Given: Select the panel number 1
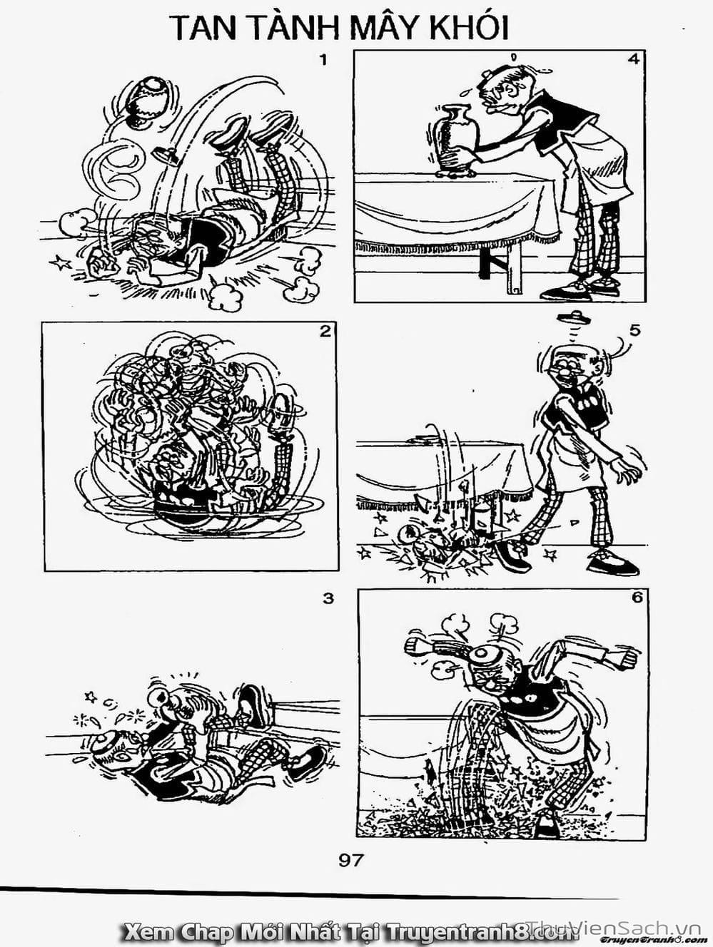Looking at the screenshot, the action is point(322,60).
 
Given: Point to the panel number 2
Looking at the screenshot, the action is point(326,331).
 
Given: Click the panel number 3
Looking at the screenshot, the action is point(328,598).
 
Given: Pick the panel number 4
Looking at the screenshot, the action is point(633,60).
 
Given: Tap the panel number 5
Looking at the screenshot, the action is point(635,330).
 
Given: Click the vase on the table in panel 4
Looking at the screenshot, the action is point(452,140).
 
